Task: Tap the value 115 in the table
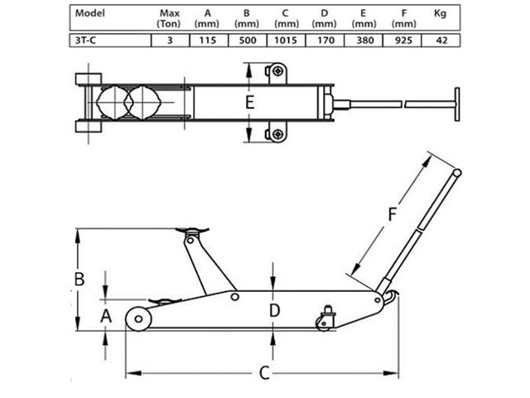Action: (x=207, y=40)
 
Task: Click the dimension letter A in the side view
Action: (x=105, y=316)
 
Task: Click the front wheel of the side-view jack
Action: (x=137, y=319)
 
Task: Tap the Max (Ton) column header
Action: (x=169, y=18)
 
